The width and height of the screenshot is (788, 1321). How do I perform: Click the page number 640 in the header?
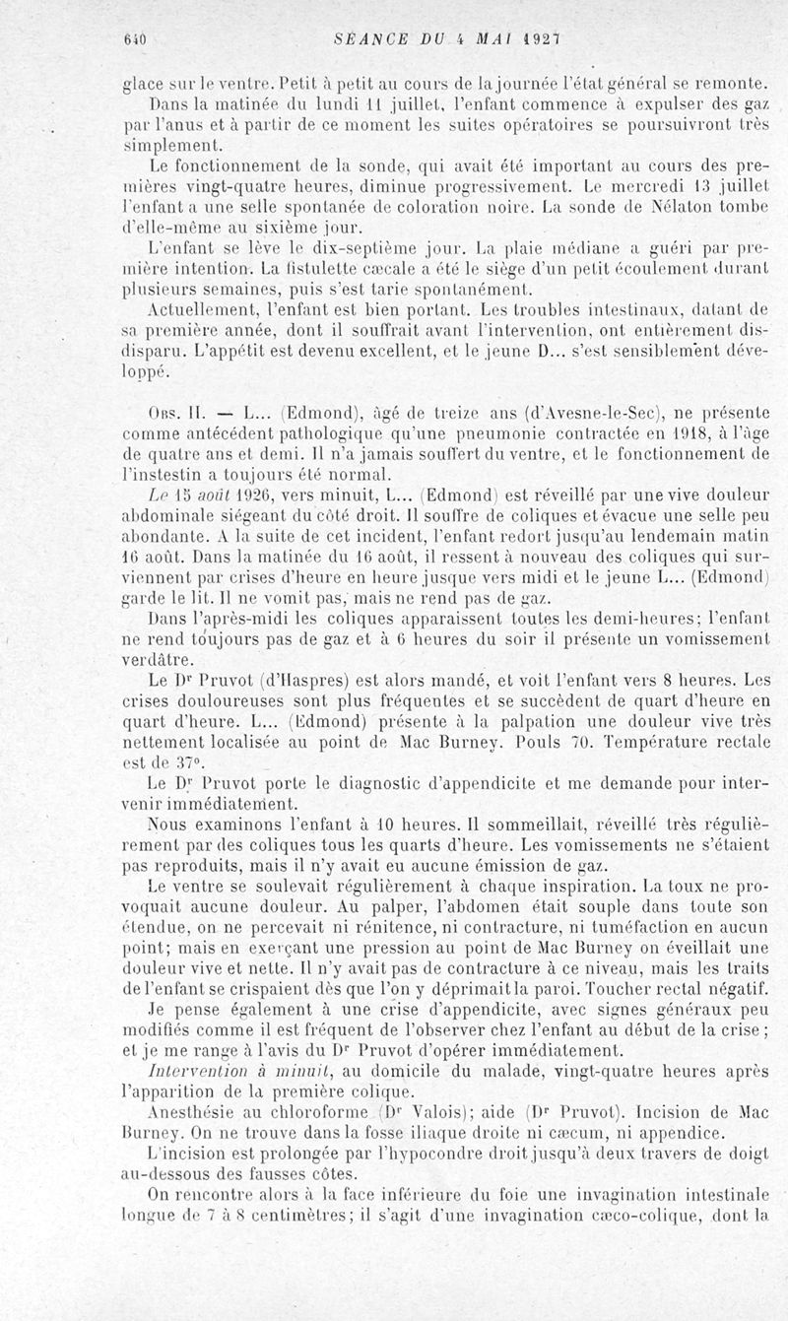tap(134, 40)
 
